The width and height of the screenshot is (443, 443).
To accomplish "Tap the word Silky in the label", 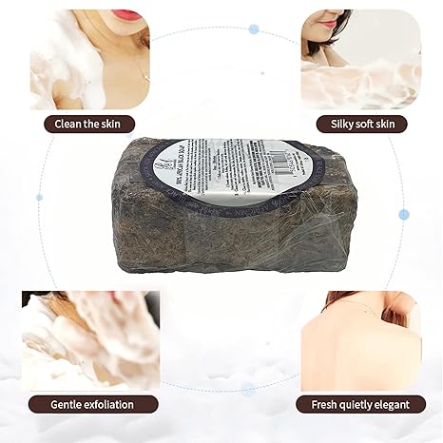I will (345, 124).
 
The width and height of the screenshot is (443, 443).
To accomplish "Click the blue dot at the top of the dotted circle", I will (254, 29).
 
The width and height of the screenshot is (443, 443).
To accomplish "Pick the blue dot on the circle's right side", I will (404, 214).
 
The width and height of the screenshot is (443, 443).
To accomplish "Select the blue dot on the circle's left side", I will (39, 197).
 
